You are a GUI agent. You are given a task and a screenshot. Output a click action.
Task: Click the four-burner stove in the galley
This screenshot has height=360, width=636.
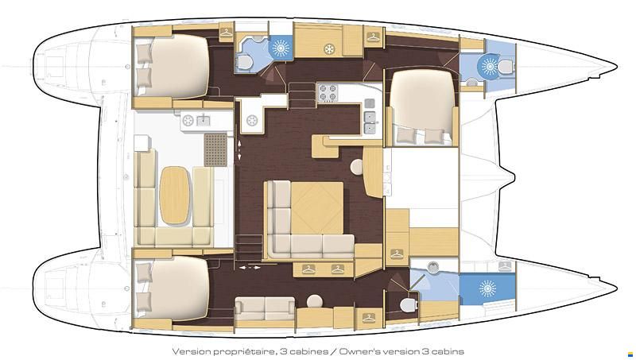[328, 93]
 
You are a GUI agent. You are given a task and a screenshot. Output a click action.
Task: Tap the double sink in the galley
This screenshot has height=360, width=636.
[370, 123]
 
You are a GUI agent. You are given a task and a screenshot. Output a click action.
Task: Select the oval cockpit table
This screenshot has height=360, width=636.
[175, 195]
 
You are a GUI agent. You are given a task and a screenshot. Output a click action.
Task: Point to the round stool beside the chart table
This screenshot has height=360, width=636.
[357, 167]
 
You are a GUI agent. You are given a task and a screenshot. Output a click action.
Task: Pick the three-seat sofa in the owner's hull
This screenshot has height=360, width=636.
[266, 309]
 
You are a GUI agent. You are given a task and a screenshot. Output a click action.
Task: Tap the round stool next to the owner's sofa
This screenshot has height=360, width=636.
[315, 302]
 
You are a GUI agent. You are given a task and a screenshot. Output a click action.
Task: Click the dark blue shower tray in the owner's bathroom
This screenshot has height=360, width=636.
[487, 289]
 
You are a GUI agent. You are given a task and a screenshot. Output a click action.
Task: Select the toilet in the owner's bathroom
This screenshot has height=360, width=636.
[409, 304]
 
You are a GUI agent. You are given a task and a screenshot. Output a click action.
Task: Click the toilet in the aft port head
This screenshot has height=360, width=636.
[245, 62]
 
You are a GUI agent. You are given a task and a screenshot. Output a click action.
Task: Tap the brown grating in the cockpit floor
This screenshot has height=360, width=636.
[215, 149]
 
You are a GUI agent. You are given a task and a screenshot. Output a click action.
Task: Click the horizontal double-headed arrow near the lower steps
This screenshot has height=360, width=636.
[250, 268]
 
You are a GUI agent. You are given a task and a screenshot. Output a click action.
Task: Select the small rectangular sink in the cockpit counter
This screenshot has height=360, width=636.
[203, 120]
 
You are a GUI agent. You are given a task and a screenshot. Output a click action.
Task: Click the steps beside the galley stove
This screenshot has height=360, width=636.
[302, 95]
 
